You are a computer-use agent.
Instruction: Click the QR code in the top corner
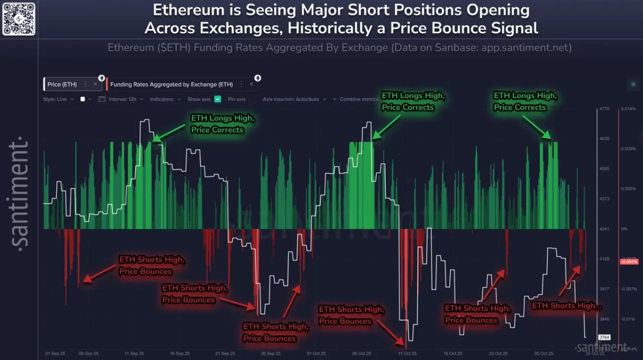click(x=19, y=19)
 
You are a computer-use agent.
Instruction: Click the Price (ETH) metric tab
click(x=62, y=84)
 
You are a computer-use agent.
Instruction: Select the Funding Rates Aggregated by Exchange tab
click(x=171, y=84)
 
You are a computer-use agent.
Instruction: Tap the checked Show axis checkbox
click(x=218, y=99)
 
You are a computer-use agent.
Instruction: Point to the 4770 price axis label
click(x=604, y=108)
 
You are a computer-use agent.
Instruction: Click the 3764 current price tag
click(x=604, y=337)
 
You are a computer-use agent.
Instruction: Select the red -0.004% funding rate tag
click(x=628, y=262)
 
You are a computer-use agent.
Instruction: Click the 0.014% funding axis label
click(x=628, y=108)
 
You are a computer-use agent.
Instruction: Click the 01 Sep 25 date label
click(x=55, y=353)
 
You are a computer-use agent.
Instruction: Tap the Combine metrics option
click(x=359, y=99)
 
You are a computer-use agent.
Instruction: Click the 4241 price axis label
click(x=604, y=229)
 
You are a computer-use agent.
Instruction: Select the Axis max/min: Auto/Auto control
click(x=293, y=99)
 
